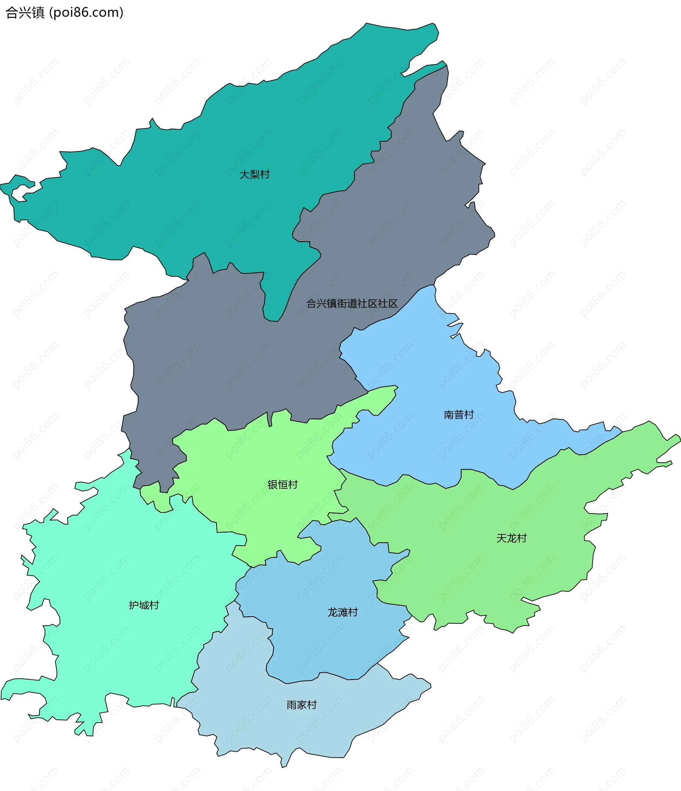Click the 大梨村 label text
pos(255,174)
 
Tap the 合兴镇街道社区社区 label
pos(352,303)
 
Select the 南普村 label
pos(459,415)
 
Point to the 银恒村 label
pos(282,484)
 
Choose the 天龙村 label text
pos(511,538)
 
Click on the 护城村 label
pos(144,605)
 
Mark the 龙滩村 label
pos(342,612)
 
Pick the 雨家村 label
pos(301,705)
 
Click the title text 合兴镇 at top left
pos(25,13)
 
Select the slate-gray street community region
pos(229,363)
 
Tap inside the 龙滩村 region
pos(325,649)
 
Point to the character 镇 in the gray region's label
pos(332,303)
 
